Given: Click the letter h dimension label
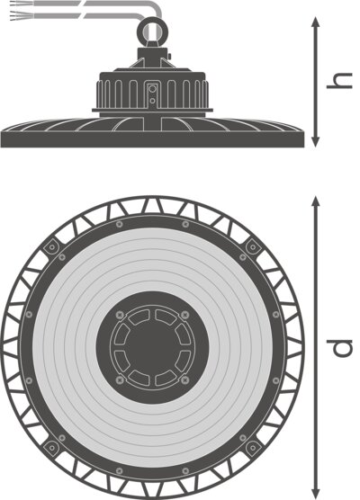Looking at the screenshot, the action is [339, 81].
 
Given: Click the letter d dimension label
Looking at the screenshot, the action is [339, 348].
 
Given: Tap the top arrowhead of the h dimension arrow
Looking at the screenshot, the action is [315, 22].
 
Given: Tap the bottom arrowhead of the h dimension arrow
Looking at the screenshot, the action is [315, 141].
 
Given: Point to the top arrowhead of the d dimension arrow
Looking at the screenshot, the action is [315, 201].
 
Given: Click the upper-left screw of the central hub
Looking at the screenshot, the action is [120, 315].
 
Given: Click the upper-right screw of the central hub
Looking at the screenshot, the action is [184, 315].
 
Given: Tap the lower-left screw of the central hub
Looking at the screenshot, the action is [120, 379].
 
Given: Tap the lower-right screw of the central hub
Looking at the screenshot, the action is [184, 379].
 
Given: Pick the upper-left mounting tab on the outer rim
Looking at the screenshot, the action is [51, 246].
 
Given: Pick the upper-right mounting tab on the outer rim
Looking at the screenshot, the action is [253, 246].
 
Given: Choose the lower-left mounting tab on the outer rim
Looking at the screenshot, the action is [51, 448].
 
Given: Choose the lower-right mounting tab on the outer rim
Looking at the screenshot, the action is [253, 448].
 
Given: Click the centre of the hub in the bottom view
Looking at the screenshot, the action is [152, 347].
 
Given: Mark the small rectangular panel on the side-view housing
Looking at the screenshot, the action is [152, 94].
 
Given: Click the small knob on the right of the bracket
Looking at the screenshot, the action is [169, 57].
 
